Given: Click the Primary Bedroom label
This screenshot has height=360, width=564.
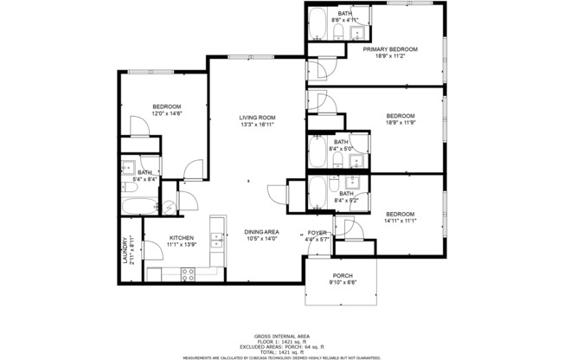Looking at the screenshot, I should [x=390, y=49].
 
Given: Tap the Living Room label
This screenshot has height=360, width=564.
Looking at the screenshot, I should [x=257, y=118].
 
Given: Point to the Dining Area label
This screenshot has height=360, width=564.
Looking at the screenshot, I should [x=260, y=232].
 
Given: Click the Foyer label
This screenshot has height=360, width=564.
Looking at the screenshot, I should [x=317, y=233].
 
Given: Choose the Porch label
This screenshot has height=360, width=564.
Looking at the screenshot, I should [x=342, y=275].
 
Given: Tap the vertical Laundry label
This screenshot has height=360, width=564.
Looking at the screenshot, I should [x=125, y=250].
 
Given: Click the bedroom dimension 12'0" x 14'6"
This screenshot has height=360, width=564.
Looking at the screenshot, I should [x=167, y=113].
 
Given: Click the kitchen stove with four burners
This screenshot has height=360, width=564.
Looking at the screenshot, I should [x=187, y=274].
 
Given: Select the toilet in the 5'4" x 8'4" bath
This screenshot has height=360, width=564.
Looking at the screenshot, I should [x=129, y=185].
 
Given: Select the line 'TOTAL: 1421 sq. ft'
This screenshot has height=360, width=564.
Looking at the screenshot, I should [x=282, y=350].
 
